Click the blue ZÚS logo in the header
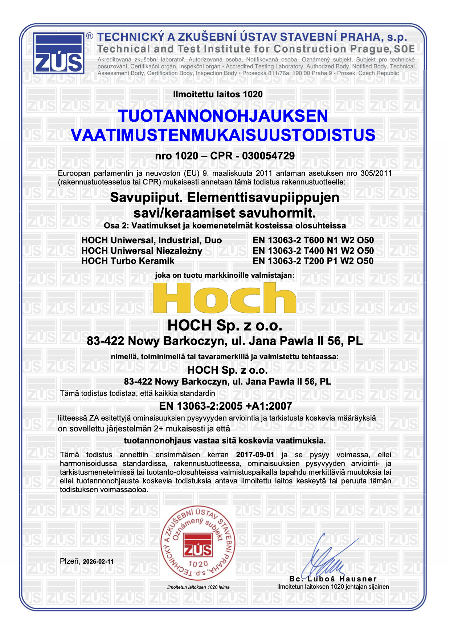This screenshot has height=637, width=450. (x=58, y=53)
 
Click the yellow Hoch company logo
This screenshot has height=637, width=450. (x=225, y=298)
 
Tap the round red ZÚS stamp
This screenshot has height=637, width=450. (x=198, y=543)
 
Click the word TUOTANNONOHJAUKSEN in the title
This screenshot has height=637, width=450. (x=223, y=116)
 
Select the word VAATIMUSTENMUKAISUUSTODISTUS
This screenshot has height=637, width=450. (x=223, y=135)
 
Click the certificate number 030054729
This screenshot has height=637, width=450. (x=268, y=156)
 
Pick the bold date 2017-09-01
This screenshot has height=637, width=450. (x=255, y=455)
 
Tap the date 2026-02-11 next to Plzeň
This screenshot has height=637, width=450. (x=98, y=561)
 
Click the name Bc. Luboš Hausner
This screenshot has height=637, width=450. (x=333, y=579)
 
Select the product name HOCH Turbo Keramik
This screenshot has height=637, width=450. (x=128, y=261)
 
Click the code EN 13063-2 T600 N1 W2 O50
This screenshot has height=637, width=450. (x=313, y=240)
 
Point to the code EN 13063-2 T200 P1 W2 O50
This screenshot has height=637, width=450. (x=313, y=261)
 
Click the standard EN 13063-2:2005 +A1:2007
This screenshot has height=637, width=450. (x=225, y=406)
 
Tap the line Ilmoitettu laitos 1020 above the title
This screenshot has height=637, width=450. (x=218, y=94)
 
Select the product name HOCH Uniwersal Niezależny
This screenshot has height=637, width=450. (x=142, y=251)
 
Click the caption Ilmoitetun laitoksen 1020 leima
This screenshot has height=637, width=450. (x=198, y=587)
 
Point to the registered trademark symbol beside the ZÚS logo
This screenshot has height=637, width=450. (x=90, y=36)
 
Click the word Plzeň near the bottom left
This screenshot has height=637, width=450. (x=70, y=561)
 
